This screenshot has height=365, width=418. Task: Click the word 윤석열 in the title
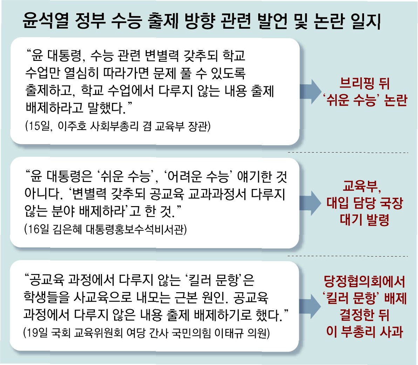click(45, 21)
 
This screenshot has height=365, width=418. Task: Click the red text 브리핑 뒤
click(365, 84)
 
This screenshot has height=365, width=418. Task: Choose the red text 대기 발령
click(365, 220)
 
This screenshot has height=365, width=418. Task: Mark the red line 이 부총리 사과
click(365, 331)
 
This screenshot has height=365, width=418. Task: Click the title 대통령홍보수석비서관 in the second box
click(137, 229)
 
